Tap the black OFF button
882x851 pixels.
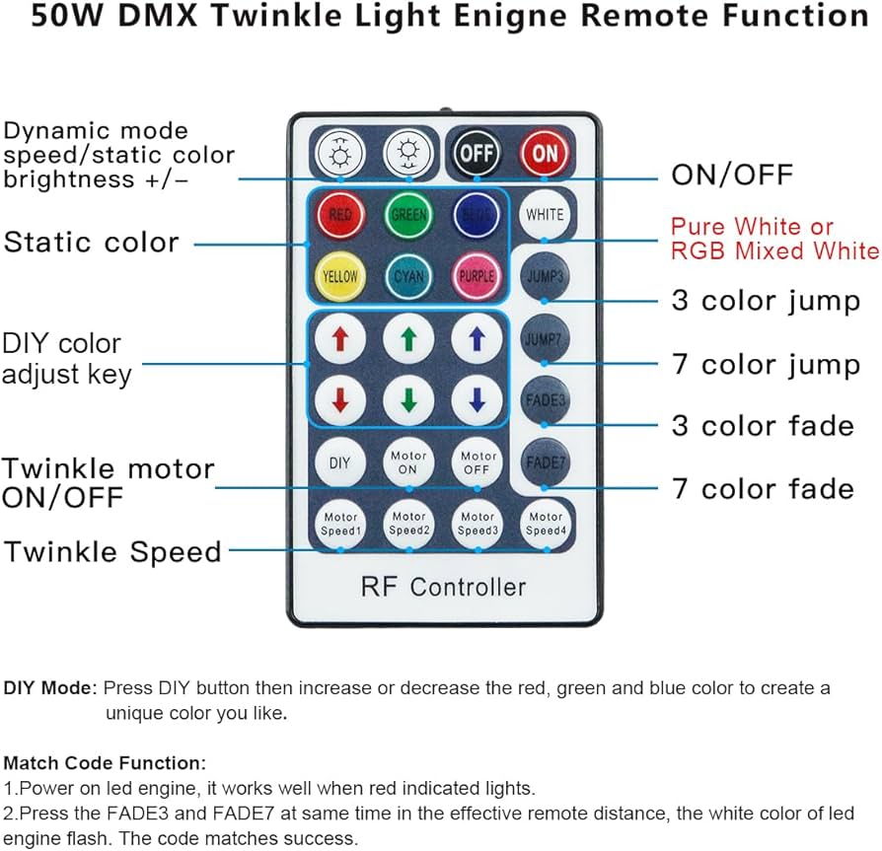click(477, 153)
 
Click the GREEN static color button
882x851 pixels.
click(408, 214)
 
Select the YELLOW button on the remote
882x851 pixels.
click(339, 276)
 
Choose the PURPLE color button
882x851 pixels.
click(477, 276)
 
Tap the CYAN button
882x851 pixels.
click(408, 276)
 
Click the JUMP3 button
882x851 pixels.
click(545, 276)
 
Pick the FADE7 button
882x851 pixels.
click(545, 461)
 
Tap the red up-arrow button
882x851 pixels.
click(339, 338)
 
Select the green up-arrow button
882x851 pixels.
click(408, 338)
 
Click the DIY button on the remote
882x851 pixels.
click(339, 461)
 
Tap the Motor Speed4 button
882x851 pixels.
click(545, 523)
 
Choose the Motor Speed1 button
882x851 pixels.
click(339, 523)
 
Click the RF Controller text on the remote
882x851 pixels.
click(443, 587)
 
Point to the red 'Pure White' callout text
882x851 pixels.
click(752, 227)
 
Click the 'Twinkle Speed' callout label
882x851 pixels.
click(112, 551)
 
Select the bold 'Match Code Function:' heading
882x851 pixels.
click(106, 763)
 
